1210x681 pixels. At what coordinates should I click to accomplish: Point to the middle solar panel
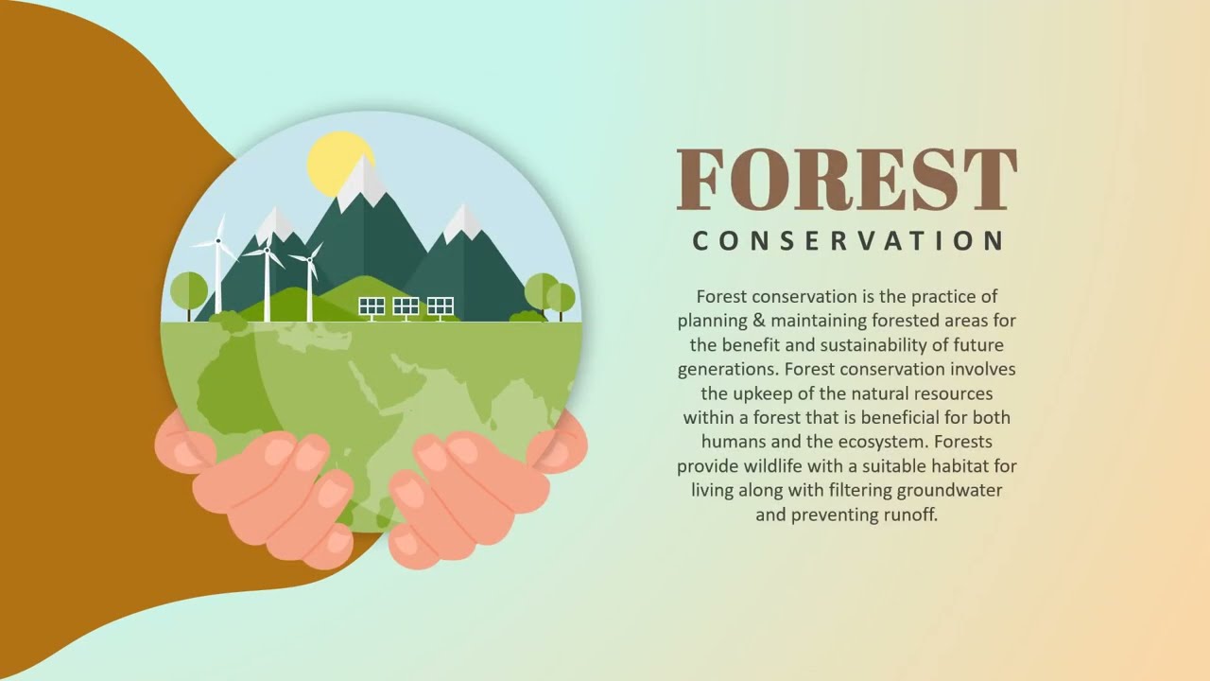click(x=406, y=306)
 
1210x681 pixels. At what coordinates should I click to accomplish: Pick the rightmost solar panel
click(x=441, y=306)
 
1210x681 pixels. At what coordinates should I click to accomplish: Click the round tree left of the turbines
click(x=189, y=289)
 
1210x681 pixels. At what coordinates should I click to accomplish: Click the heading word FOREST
click(x=847, y=179)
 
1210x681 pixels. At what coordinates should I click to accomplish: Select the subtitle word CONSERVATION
click(x=847, y=241)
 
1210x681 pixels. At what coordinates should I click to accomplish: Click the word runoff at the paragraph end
click(x=907, y=515)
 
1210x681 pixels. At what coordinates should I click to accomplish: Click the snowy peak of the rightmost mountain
click(x=462, y=223)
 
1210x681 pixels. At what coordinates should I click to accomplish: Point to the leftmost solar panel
click(x=372, y=306)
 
